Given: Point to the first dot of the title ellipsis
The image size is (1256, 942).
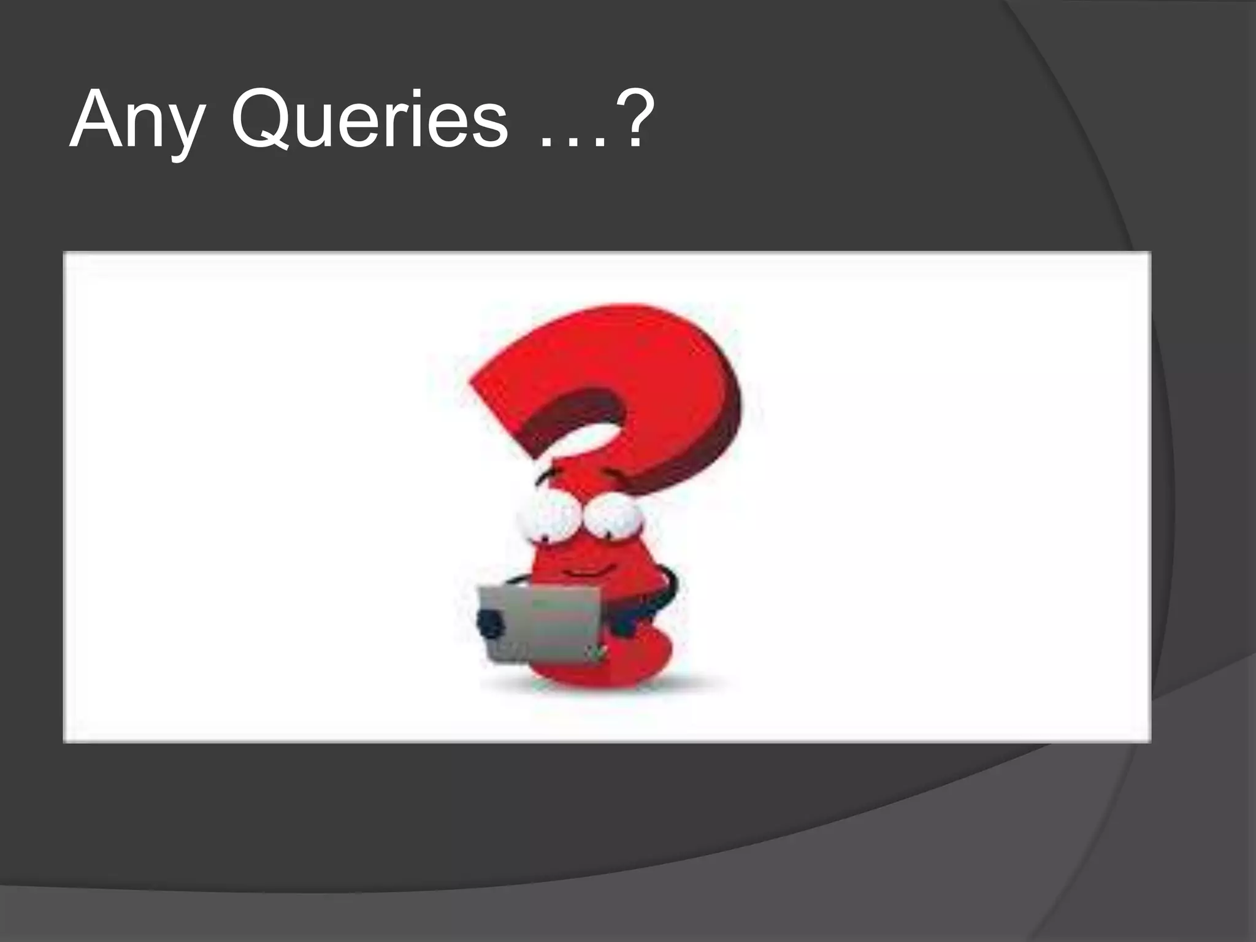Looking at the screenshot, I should coord(546,143).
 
